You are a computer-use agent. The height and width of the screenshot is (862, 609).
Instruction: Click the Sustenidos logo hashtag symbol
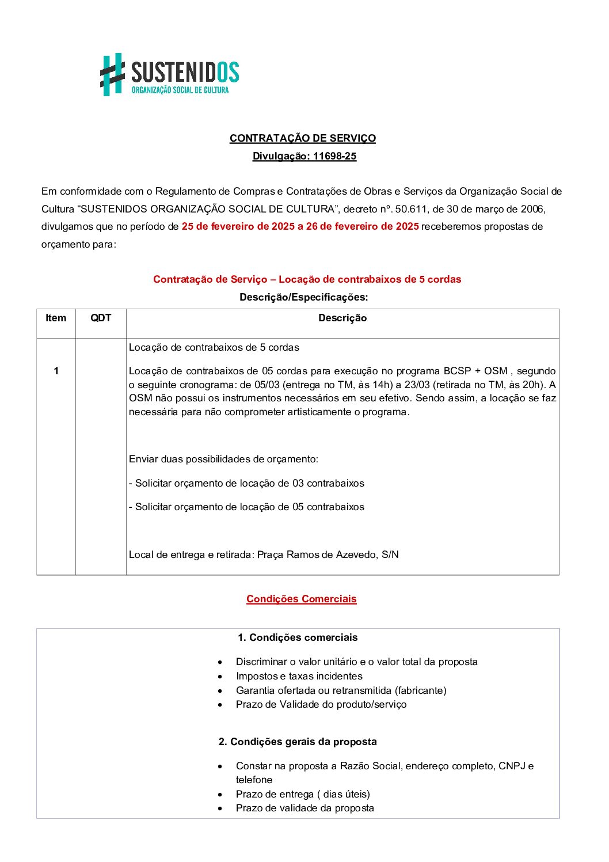pos(112,74)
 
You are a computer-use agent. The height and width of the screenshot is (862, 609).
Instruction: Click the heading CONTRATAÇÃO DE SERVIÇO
pos(302,138)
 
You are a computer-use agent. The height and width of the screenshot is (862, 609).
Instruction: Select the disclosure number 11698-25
pos(334,156)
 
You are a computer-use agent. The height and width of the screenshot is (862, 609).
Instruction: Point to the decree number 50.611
pos(411,209)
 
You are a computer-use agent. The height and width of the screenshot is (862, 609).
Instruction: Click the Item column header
pos(56,318)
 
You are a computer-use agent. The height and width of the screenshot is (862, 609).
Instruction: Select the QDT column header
pos(101,318)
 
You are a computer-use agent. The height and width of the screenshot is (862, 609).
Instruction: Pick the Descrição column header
pos(342,318)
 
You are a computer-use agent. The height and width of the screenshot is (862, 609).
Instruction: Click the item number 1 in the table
pos(56,371)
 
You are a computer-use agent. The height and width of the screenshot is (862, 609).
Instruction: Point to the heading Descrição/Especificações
pos(303,298)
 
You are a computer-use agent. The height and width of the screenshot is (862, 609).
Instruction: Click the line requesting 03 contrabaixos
pos(246,484)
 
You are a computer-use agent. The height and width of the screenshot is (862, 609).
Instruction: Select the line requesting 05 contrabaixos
pos(246,507)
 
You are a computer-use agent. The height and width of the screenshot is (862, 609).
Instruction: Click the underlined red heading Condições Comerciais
pos(301,599)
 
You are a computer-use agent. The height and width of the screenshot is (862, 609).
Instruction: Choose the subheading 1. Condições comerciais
pos(297,638)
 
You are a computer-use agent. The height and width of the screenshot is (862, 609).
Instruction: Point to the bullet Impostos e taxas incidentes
pos(299,677)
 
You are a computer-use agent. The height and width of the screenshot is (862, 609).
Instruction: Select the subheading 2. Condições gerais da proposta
pos(297,742)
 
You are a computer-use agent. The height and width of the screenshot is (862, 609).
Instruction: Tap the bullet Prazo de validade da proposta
pos(304,808)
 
